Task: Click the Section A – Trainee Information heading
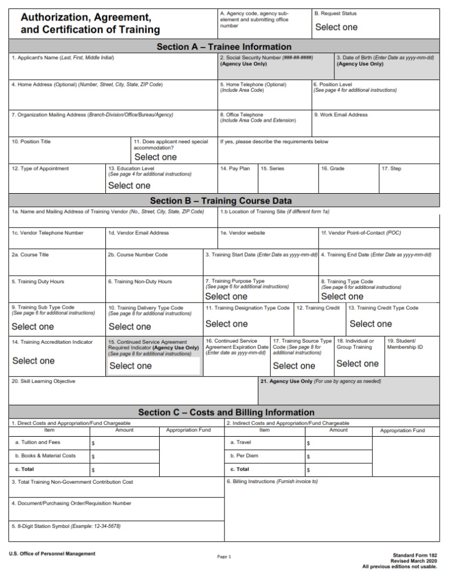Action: coord(224,47)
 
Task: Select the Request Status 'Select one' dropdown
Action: coord(336,27)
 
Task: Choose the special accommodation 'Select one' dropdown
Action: coord(155,157)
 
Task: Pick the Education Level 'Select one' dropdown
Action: coord(129,185)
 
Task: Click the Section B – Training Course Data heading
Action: coord(221,201)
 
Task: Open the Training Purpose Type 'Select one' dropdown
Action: coord(226,296)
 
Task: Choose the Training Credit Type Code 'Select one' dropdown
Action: coord(371,324)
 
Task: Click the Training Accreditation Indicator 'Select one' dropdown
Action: coord(33,361)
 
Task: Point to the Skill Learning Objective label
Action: coord(44,382)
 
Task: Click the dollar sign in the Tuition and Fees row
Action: coord(93,443)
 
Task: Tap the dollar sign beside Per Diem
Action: coord(308,457)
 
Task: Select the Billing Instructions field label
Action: coord(272,482)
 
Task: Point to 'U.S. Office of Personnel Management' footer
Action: coord(52,554)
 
